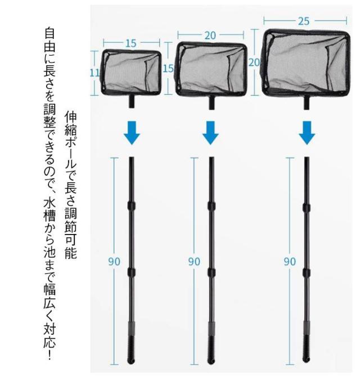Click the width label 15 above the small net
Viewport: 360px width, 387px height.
pos(130,43)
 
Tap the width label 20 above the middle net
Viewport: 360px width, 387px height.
pos(210,36)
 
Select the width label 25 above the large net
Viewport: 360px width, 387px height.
pos(304,21)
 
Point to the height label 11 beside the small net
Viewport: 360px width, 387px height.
pos(94,73)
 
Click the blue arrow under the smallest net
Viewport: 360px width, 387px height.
pos(132,133)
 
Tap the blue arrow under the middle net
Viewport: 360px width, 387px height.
pos(210,133)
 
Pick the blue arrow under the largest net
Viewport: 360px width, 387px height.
pos(307,133)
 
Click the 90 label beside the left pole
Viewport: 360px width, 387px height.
pos(114,262)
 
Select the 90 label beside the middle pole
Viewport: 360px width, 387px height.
pos(194,262)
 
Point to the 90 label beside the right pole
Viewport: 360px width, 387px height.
pos(290,262)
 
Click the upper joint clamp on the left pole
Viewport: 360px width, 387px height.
pos(132,205)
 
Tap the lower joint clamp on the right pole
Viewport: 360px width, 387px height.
pos(307,273)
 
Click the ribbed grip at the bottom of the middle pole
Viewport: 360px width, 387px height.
pos(211,349)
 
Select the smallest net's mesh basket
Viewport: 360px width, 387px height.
pos(131,73)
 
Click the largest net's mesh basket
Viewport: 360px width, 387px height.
pos(306,63)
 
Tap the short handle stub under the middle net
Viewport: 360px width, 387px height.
pos(211,103)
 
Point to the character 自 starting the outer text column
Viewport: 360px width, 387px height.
pos(49,34)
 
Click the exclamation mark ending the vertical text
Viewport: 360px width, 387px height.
pos(49,355)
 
